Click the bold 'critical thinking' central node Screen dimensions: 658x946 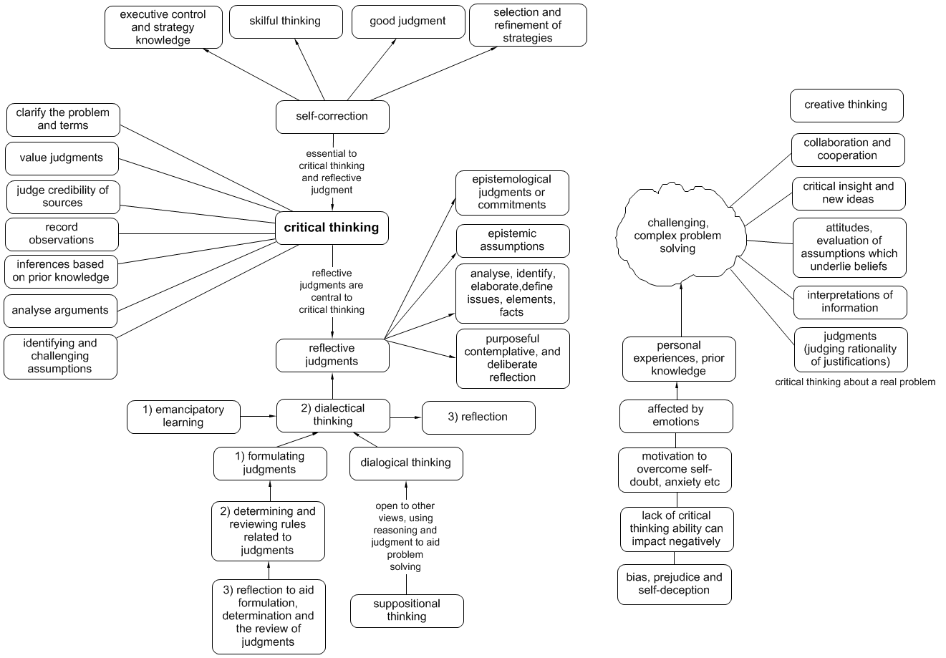tap(332, 228)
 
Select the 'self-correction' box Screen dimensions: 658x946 tap(332, 117)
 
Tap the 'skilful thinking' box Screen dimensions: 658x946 tap(285, 21)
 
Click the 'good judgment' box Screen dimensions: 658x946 tap(407, 21)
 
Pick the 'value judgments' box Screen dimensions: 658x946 tap(62, 158)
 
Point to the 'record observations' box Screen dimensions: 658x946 tap(61, 234)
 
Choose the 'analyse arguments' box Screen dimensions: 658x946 tap(60, 311)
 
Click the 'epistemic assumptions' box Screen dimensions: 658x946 tap(512, 241)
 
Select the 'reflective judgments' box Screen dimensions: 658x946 tap(332, 355)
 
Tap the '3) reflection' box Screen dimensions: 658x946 tap(478, 417)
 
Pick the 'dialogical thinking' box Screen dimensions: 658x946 tap(406, 463)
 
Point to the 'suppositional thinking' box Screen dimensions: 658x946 tap(407, 610)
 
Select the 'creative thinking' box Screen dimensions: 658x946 tap(846, 105)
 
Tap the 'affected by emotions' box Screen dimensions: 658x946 tap(675, 416)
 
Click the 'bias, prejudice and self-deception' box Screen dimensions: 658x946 tap(674, 584)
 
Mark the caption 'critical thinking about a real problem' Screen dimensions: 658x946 tap(855, 382)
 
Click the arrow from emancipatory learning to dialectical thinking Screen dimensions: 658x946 tap(259, 415)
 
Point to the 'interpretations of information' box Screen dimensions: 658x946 tap(850, 302)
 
